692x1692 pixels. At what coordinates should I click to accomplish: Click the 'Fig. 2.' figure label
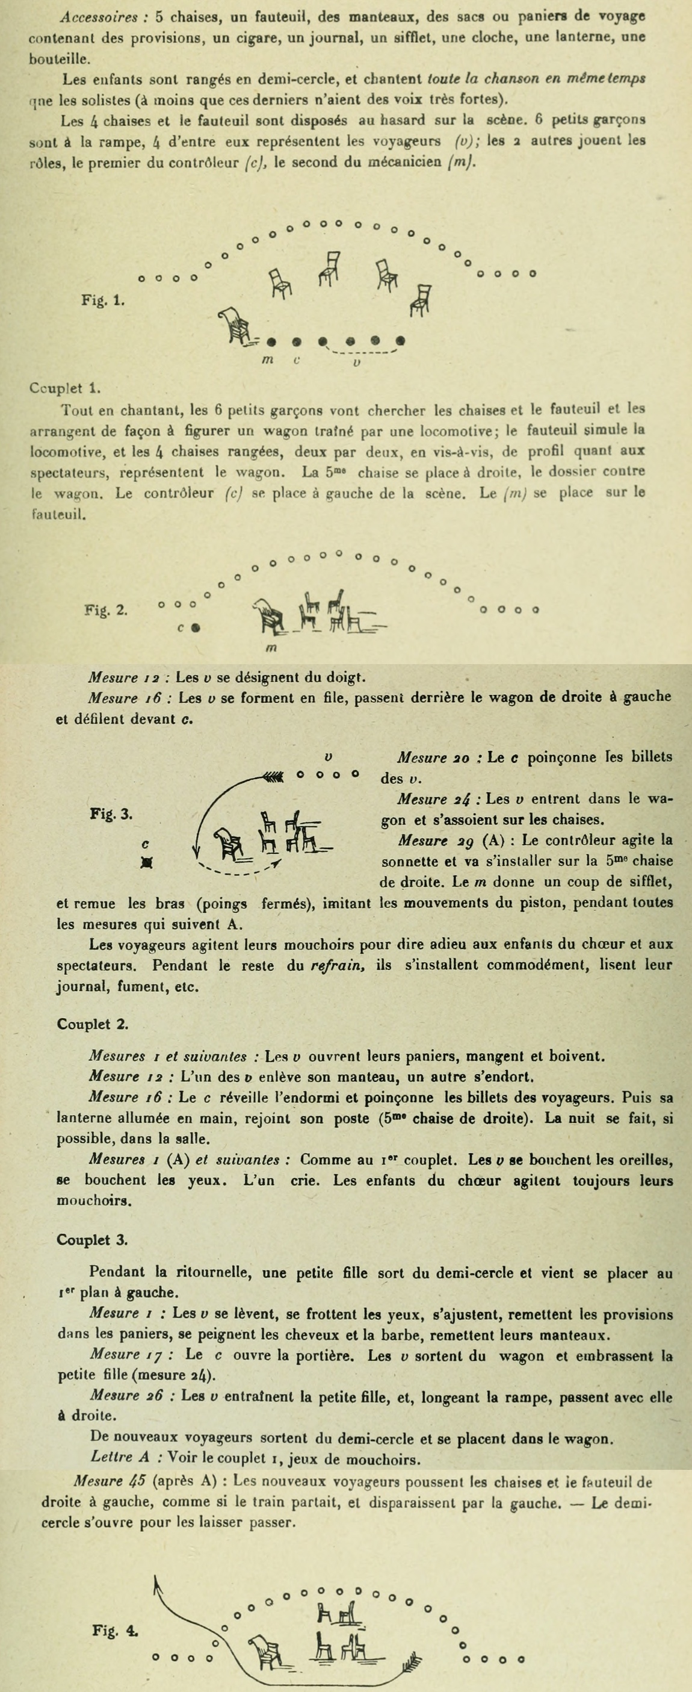tap(107, 609)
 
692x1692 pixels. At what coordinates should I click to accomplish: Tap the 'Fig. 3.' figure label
tap(111, 814)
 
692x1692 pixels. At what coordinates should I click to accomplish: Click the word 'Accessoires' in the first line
tap(98, 16)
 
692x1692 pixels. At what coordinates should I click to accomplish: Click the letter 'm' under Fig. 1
tap(267, 360)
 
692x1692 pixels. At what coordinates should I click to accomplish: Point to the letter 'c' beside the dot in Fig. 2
tap(180, 628)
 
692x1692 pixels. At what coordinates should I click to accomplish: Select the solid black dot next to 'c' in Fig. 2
tap(195, 628)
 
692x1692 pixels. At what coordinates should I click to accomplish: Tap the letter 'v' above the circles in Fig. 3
tap(329, 757)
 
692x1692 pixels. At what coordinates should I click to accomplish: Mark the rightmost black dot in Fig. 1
tap(401, 341)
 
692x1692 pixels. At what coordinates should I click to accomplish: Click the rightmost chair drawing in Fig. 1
tap(420, 299)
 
